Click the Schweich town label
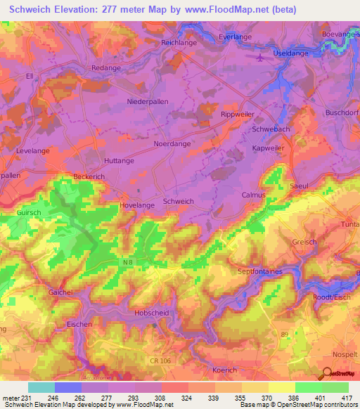(x=178, y=201)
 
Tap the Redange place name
(x=107, y=67)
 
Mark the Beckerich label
(x=89, y=177)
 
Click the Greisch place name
(x=304, y=241)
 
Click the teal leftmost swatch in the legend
(x=41, y=387)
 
